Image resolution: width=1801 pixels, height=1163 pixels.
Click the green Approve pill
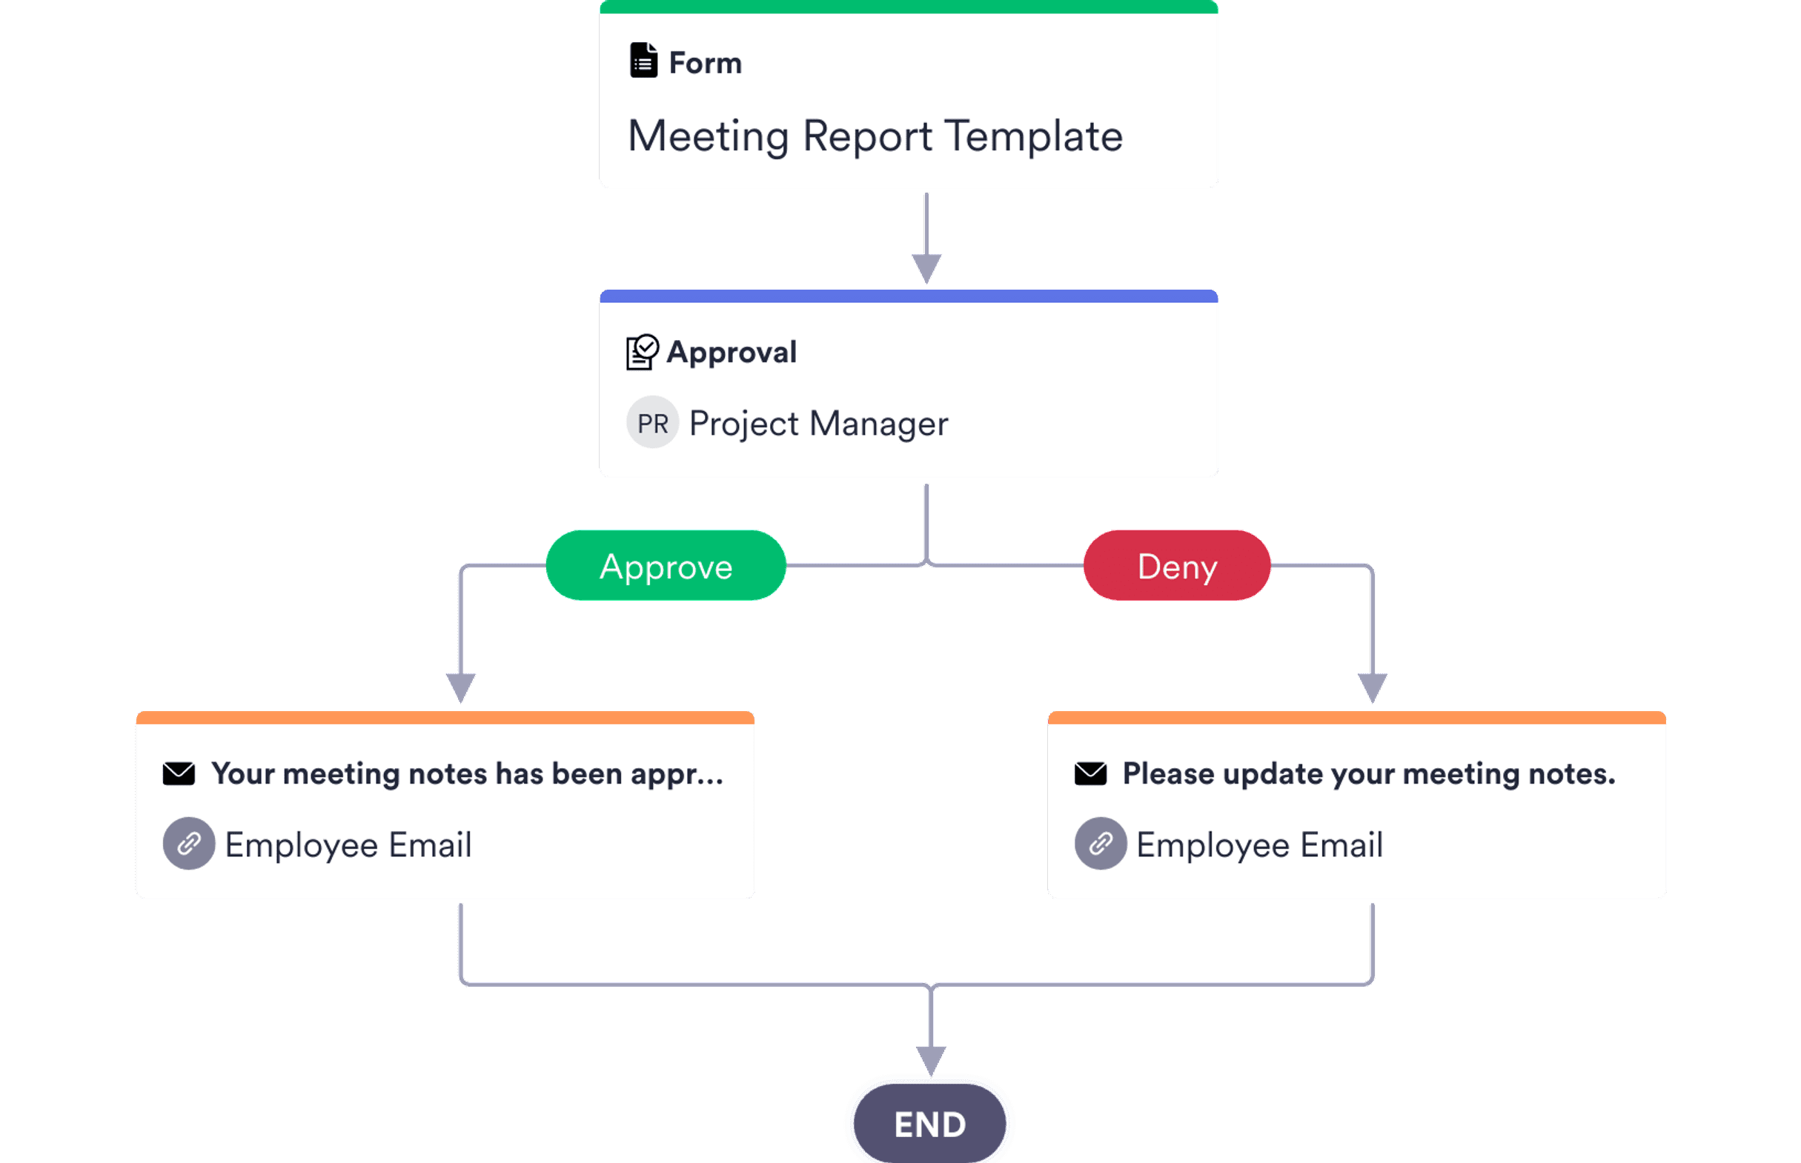[x=666, y=566]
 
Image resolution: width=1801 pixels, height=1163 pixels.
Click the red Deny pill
[x=1176, y=566]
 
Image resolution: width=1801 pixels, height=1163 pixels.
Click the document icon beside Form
[x=643, y=61]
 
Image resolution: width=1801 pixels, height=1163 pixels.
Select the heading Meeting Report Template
[x=875, y=136]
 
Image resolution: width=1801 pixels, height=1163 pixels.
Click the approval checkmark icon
[x=642, y=352]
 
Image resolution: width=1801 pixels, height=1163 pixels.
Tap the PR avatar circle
[x=652, y=423]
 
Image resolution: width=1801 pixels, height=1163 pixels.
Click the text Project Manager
[x=818, y=424]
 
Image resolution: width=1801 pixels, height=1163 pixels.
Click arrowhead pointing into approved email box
[x=460, y=687]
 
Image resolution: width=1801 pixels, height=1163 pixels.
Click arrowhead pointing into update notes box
[x=1372, y=687]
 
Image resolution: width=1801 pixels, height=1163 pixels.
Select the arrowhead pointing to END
[x=931, y=1060]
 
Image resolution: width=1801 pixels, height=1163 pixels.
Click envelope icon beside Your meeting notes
[x=179, y=774]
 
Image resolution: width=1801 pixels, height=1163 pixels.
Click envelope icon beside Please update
[x=1090, y=774]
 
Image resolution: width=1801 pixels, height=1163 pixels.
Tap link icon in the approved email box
[x=189, y=844]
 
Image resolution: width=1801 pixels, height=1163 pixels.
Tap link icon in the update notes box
[x=1101, y=844]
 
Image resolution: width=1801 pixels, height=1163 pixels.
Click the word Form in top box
[x=705, y=63]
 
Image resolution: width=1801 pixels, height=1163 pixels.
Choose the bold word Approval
[x=732, y=352]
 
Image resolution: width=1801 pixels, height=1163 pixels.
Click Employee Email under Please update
[x=1259, y=844]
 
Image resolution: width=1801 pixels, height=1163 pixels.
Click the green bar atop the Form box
[x=908, y=7]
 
